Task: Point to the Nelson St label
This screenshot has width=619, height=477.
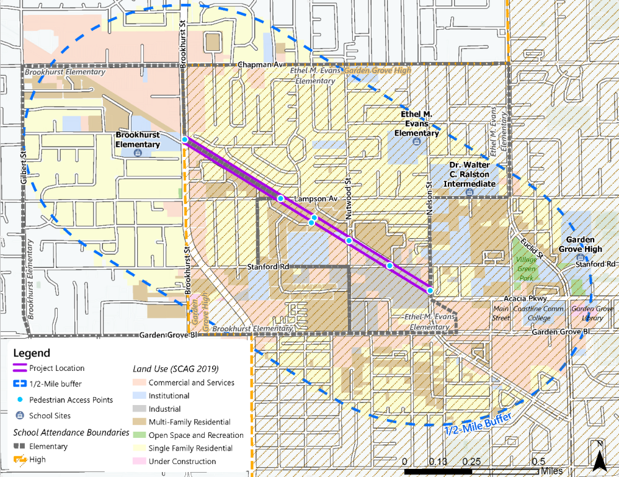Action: [429, 197]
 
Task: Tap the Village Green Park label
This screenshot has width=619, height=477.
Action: [525, 265]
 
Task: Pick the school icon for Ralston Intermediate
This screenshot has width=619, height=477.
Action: [469, 192]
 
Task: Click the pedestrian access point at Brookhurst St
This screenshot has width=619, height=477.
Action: [185, 140]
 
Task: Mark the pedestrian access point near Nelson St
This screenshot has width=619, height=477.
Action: [430, 290]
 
